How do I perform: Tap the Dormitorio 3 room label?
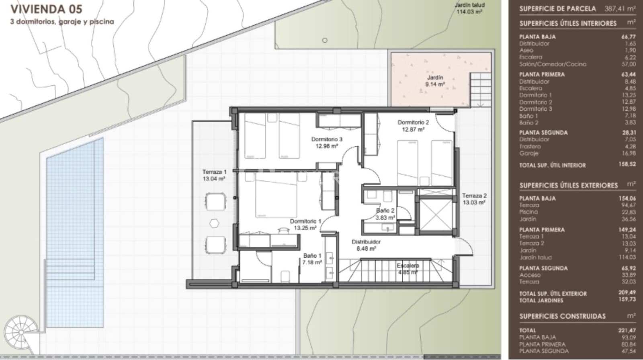(x=326, y=143)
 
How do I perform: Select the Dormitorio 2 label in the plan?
(x=413, y=126)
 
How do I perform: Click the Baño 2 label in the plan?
(x=385, y=214)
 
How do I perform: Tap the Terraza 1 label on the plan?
(x=214, y=175)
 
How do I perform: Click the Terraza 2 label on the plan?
(x=474, y=199)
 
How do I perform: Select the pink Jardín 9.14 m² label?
(x=435, y=81)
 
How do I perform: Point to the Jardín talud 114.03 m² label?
(x=469, y=8)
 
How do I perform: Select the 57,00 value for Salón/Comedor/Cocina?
(x=628, y=64)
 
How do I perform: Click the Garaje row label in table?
(x=528, y=153)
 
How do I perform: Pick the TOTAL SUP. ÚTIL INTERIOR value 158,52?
(x=627, y=164)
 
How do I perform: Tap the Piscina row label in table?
(x=528, y=212)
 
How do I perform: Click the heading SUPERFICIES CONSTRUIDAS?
(x=562, y=316)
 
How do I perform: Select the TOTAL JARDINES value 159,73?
(x=627, y=300)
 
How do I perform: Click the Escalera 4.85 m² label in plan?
(x=408, y=269)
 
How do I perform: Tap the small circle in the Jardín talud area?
(x=325, y=40)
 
